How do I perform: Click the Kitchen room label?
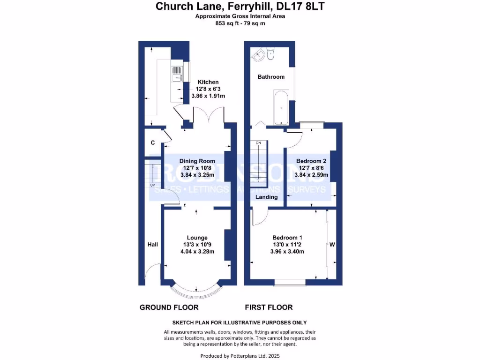(x=208, y=82)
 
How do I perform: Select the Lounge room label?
(x=197, y=238)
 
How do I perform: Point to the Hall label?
(x=153, y=245)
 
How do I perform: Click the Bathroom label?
(x=271, y=77)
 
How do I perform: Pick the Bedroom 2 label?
(x=311, y=161)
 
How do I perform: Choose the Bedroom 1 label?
(x=287, y=238)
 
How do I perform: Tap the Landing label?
(x=266, y=197)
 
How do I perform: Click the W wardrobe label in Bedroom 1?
(x=331, y=244)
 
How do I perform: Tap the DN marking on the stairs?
(x=258, y=142)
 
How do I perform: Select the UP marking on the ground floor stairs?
(x=153, y=185)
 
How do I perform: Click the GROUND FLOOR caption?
(x=169, y=307)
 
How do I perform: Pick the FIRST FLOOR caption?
(x=269, y=307)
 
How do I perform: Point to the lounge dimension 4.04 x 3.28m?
(x=197, y=252)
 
